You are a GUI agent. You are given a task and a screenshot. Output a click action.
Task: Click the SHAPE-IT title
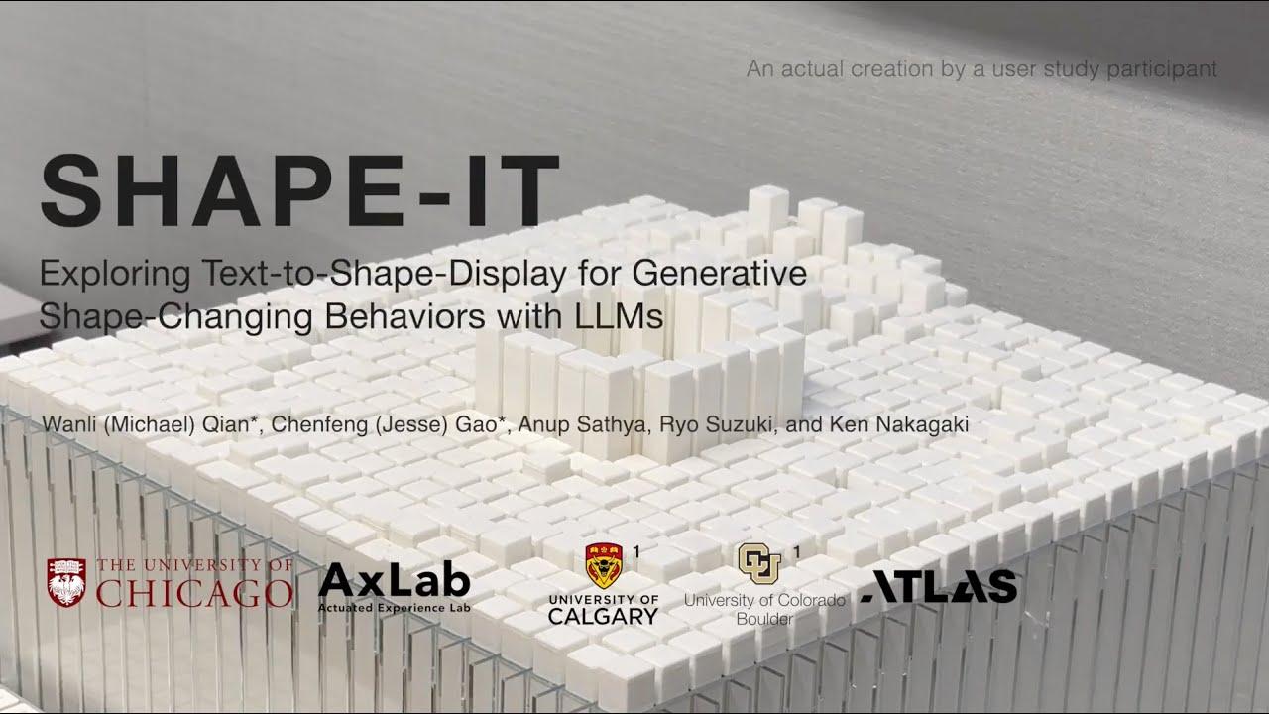coord(299,190)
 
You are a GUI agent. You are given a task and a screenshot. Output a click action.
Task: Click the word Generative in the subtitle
coord(719,273)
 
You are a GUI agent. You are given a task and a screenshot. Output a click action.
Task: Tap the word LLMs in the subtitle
coord(619,315)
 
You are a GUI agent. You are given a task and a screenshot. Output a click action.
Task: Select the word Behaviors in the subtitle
coord(405,315)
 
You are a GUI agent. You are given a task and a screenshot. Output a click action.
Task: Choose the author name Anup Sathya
coord(582,424)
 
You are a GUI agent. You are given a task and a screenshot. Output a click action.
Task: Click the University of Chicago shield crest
coord(66,582)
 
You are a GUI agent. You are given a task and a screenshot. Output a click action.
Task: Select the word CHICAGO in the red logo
coord(194,592)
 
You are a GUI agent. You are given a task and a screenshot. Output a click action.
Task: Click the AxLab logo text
coord(395,580)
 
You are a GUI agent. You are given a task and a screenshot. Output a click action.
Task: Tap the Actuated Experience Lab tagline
coord(395,608)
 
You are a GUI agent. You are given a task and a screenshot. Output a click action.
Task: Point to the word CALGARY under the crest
coord(604,617)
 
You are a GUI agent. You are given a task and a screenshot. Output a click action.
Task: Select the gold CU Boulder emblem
coord(759,562)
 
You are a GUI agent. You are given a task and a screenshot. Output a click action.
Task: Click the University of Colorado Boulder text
coord(764,609)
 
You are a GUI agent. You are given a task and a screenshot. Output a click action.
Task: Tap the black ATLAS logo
coord(939,586)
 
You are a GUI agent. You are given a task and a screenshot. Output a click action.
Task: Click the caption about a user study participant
coord(981,69)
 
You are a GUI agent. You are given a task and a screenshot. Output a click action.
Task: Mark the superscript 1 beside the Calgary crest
coord(636,551)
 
